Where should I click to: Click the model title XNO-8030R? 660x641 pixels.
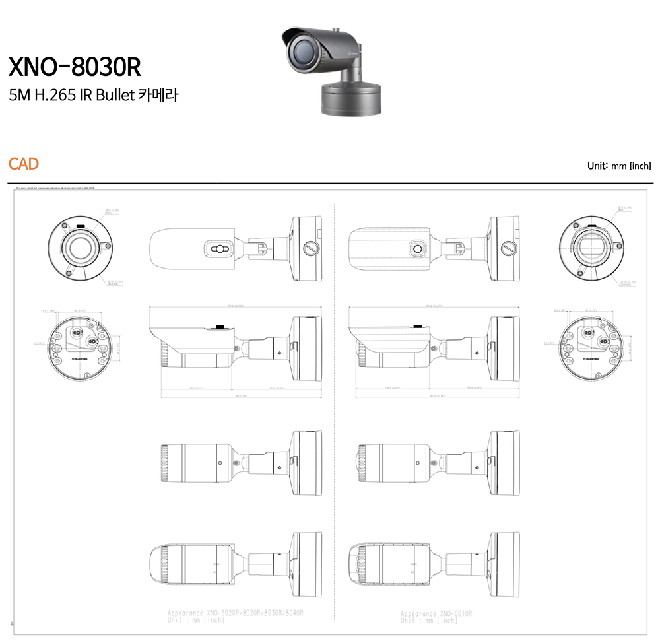coord(74,67)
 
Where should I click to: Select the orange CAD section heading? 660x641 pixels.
coord(24,164)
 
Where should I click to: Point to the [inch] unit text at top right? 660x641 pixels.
coord(640,166)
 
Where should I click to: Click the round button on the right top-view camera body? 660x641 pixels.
coord(416,248)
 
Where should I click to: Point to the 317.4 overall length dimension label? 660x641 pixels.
coord(236,306)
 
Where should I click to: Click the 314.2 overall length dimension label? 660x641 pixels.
coord(434,306)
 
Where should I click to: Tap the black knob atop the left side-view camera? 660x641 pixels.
coord(218,325)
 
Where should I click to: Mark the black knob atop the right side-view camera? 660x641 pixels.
coord(416,325)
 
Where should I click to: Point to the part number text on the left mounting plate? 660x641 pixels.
coord(78,362)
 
